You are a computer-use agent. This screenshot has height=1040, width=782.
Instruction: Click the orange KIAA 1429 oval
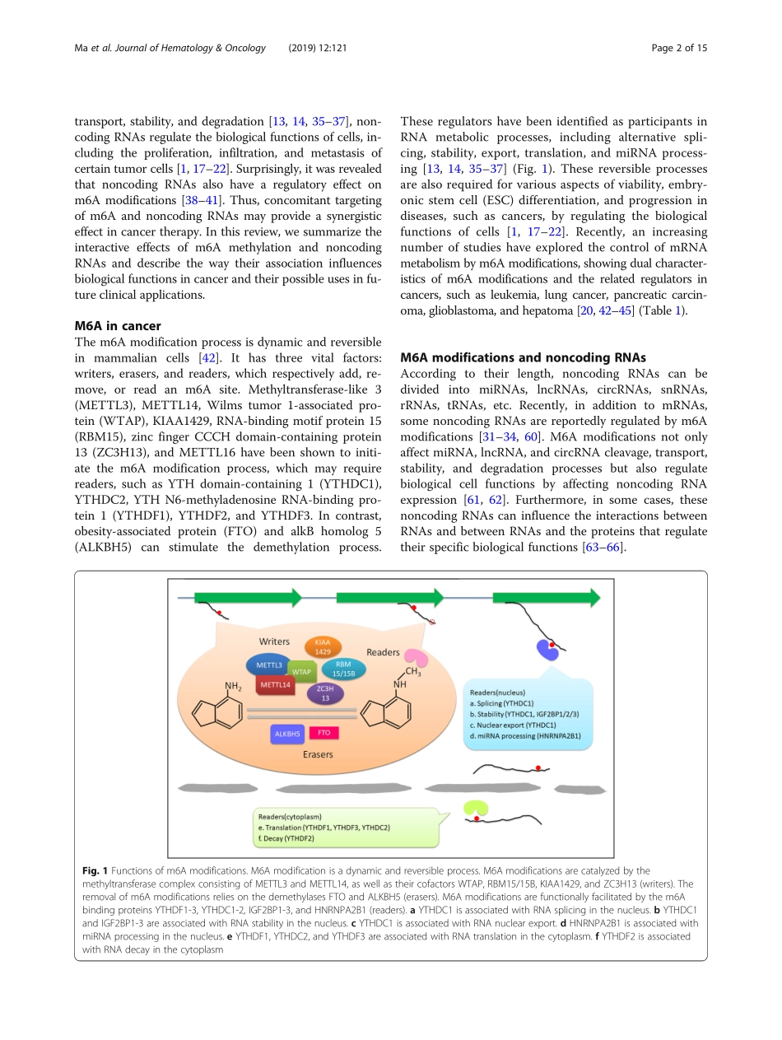click(x=323, y=646)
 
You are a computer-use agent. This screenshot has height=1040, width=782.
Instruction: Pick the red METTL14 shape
click(x=275, y=684)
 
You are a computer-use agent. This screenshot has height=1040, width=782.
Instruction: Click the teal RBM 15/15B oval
click(x=344, y=668)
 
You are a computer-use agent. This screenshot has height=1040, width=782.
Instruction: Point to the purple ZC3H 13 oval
click(x=325, y=693)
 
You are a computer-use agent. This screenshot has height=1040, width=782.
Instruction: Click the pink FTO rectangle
click(x=324, y=732)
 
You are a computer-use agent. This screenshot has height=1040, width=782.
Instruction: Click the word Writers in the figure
click(x=273, y=641)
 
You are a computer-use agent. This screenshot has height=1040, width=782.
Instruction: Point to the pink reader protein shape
click(x=417, y=658)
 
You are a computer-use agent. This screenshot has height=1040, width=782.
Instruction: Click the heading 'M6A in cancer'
click(x=118, y=326)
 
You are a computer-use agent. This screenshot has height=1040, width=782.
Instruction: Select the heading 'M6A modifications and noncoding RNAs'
click(x=523, y=357)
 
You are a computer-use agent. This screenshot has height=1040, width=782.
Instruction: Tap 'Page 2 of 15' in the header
click(x=679, y=48)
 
